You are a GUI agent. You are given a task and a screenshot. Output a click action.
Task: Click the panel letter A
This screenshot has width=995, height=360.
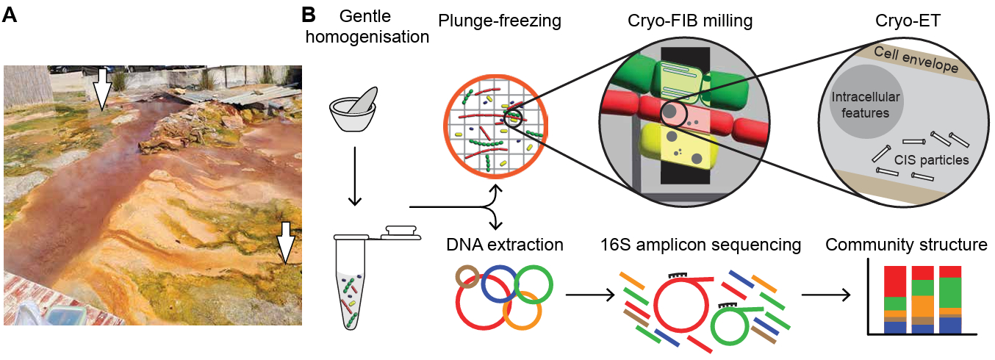[10, 15]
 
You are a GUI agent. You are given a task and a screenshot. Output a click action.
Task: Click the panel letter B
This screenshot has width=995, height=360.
[309, 15]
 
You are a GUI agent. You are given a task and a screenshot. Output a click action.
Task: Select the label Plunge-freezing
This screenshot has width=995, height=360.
[499, 21]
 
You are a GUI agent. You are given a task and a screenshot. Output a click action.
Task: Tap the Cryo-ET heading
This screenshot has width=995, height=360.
[903, 21]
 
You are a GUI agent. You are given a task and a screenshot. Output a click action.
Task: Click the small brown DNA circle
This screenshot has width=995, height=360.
[467, 278]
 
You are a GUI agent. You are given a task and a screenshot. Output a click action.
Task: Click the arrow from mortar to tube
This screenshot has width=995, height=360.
[353, 176]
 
